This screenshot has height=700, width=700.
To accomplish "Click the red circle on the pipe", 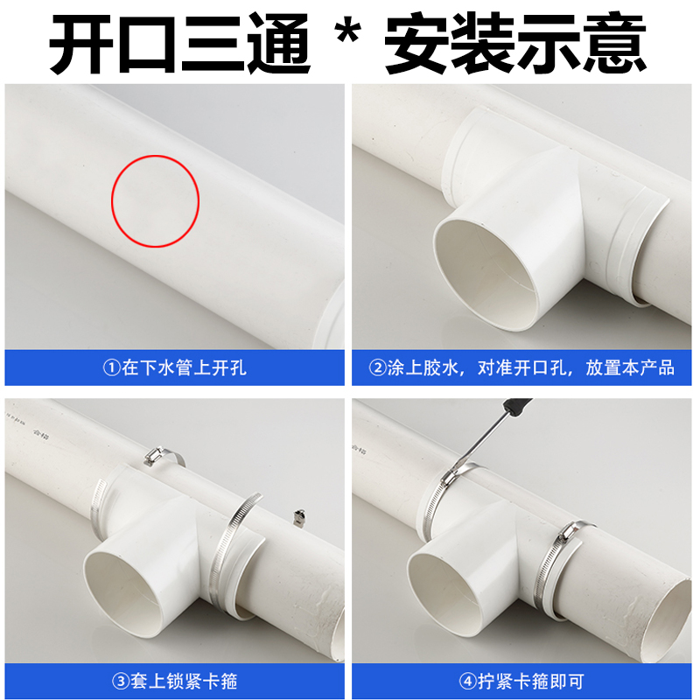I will click(156, 200).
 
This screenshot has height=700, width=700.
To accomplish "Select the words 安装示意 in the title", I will click(516, 43).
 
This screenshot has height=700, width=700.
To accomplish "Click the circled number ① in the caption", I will click(111, 367).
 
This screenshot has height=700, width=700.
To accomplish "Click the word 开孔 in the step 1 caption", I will click(231, 367).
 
